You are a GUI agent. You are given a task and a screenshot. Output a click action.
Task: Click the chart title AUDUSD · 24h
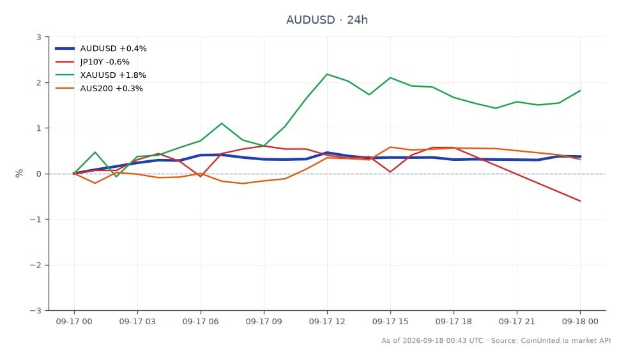326,20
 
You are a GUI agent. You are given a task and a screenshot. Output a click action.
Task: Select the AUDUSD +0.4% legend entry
101,49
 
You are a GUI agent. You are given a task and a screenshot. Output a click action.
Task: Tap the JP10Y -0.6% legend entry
92,62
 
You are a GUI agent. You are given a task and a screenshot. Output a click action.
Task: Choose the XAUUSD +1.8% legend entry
100,75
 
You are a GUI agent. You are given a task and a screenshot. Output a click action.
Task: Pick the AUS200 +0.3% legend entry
98,89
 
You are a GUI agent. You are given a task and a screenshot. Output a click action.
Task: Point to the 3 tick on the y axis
39,37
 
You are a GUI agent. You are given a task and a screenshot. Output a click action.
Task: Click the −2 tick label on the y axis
36,265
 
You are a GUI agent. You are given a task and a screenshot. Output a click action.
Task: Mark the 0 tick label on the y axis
39,174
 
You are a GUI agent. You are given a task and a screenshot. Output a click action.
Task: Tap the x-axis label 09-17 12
327,322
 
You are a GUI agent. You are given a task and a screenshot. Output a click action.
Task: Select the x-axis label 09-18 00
580,322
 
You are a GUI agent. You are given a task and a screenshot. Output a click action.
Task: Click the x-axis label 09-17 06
201,322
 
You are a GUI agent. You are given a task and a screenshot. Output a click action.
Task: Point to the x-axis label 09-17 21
517,322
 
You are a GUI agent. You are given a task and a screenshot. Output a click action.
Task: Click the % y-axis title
19,173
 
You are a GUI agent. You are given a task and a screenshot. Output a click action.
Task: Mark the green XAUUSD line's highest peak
327,74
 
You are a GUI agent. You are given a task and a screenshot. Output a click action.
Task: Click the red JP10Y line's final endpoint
580,201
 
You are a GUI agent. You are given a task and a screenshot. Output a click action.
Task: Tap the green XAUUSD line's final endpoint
580,91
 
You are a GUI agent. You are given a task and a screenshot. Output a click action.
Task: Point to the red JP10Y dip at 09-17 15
390,172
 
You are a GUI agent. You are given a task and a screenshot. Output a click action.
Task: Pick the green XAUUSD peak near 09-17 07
222,123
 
